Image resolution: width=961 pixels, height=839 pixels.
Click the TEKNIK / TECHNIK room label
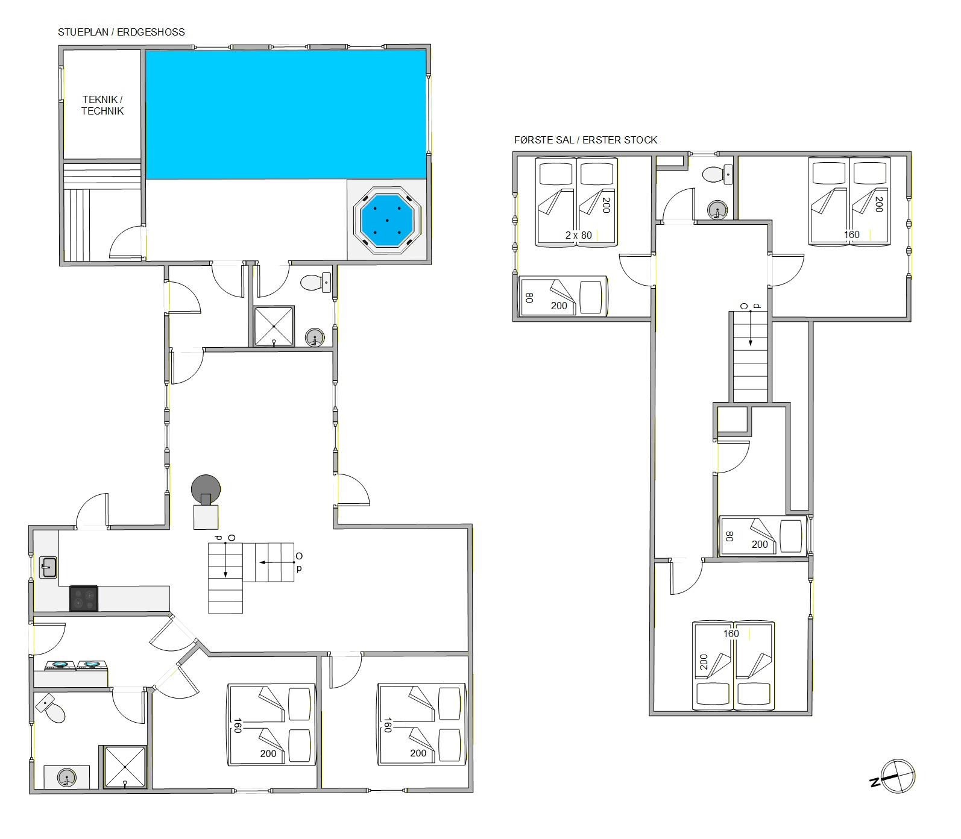coord(102,105)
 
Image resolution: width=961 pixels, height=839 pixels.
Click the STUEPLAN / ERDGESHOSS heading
coord(121,32)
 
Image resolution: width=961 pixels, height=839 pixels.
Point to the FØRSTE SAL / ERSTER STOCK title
coord(585,140)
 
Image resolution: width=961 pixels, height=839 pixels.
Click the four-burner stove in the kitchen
coord(84,599)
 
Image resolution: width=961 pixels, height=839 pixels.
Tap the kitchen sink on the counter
coord(48,568)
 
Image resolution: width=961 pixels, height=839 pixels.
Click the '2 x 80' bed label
coord(579,236)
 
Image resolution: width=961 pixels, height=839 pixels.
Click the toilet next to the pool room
coord(317,282)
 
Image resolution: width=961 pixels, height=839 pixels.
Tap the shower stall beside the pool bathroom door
coord(274,327)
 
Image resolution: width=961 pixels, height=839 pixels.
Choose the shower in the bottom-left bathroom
coord(125,767)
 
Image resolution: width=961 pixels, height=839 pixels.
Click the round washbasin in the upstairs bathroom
coord(717,210)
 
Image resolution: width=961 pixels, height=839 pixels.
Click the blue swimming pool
coord(286,115)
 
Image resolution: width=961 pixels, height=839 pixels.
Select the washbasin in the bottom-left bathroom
coord(67,777)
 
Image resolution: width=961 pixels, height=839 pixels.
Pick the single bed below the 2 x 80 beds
coord(563,296)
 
